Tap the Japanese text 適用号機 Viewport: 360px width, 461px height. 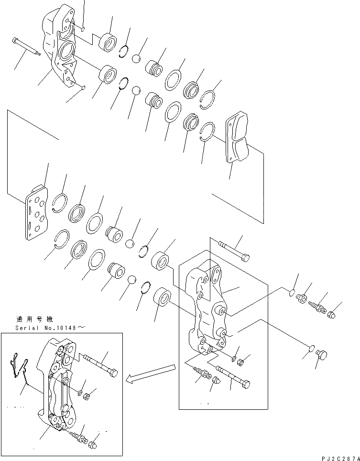[x=31, y=319]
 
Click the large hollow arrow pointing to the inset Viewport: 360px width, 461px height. [x=151, y=373]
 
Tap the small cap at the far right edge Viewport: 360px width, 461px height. [x=333, y=314]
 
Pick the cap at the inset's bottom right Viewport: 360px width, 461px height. [x=93, y=446]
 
